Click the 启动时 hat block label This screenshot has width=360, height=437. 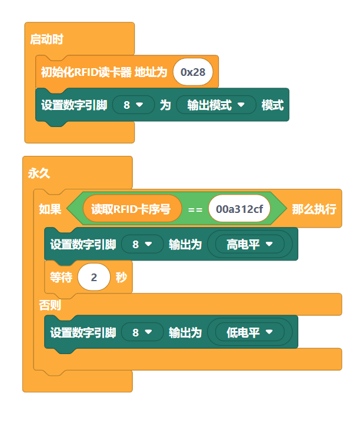(46, 40)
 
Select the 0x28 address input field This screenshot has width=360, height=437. (193, 72)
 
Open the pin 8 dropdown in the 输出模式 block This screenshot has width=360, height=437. (133, 105)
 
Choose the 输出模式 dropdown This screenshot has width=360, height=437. (216, 105)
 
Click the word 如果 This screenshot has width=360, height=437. (50, 209)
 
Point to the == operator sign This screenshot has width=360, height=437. (195, 209)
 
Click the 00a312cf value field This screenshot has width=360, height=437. (239, 209)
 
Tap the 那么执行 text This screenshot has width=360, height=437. (314, 209)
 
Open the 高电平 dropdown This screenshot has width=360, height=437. (250, 244)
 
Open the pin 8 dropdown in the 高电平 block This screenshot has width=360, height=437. (142, 244)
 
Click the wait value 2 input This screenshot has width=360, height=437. (94, 277)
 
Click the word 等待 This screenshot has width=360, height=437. (61, 277)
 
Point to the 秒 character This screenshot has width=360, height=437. (121, 277)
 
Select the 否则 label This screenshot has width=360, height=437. (50, 305)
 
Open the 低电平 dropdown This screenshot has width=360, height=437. (250, 332)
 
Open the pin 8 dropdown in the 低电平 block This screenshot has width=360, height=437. (142, 332)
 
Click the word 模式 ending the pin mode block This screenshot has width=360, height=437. (272, 105)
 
